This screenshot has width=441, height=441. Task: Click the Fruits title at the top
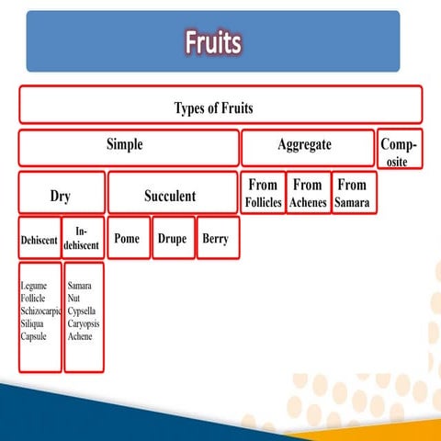(213, 42)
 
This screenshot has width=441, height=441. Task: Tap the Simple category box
(129, 146)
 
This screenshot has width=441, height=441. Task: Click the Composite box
(400, 151)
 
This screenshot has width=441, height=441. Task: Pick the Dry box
(61, 195)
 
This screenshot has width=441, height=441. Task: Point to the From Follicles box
(261, 193)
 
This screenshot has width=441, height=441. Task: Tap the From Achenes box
(307, 193)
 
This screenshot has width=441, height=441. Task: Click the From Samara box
(352, 193)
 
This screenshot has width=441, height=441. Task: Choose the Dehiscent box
(39, 239)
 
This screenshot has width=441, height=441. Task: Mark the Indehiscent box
(83, 239)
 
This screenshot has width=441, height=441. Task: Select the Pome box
(128, 239)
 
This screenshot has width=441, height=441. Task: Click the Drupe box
(172, 239)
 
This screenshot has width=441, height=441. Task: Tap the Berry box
(217, 239)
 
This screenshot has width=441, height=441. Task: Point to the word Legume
(34, 287)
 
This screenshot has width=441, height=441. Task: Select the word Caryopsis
(84, 324)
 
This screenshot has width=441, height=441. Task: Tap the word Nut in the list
(73, 300)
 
